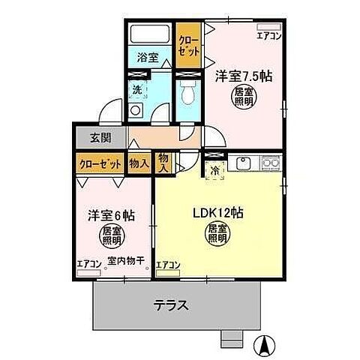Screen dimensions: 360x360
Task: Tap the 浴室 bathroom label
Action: pyautogui.click(x=147, y=57)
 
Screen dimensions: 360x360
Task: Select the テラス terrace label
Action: pyautogui.click(x=171, y=305)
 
